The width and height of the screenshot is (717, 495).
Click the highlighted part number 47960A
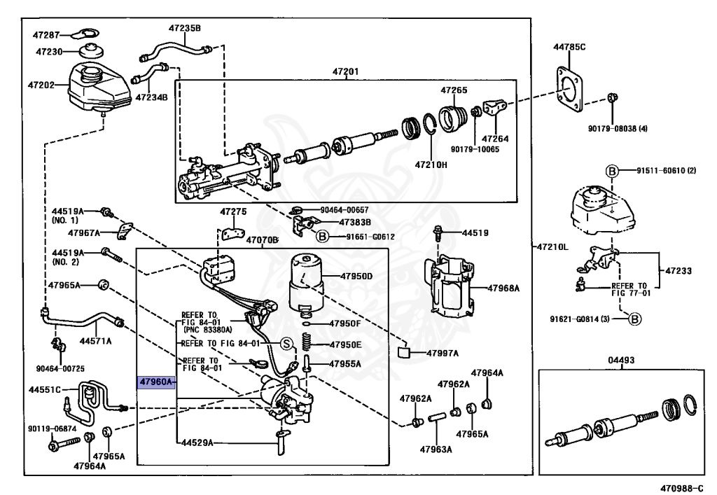point(155,382)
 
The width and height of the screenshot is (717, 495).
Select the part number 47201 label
point(346,71)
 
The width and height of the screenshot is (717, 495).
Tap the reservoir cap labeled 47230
point(90,51)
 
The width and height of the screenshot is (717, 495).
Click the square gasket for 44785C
point(571,90)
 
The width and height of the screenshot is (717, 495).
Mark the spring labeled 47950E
point(306,343)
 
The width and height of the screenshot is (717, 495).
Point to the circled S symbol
point(286,343)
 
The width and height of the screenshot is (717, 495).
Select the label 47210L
point(553,247)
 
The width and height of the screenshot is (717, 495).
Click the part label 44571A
point(95,341)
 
